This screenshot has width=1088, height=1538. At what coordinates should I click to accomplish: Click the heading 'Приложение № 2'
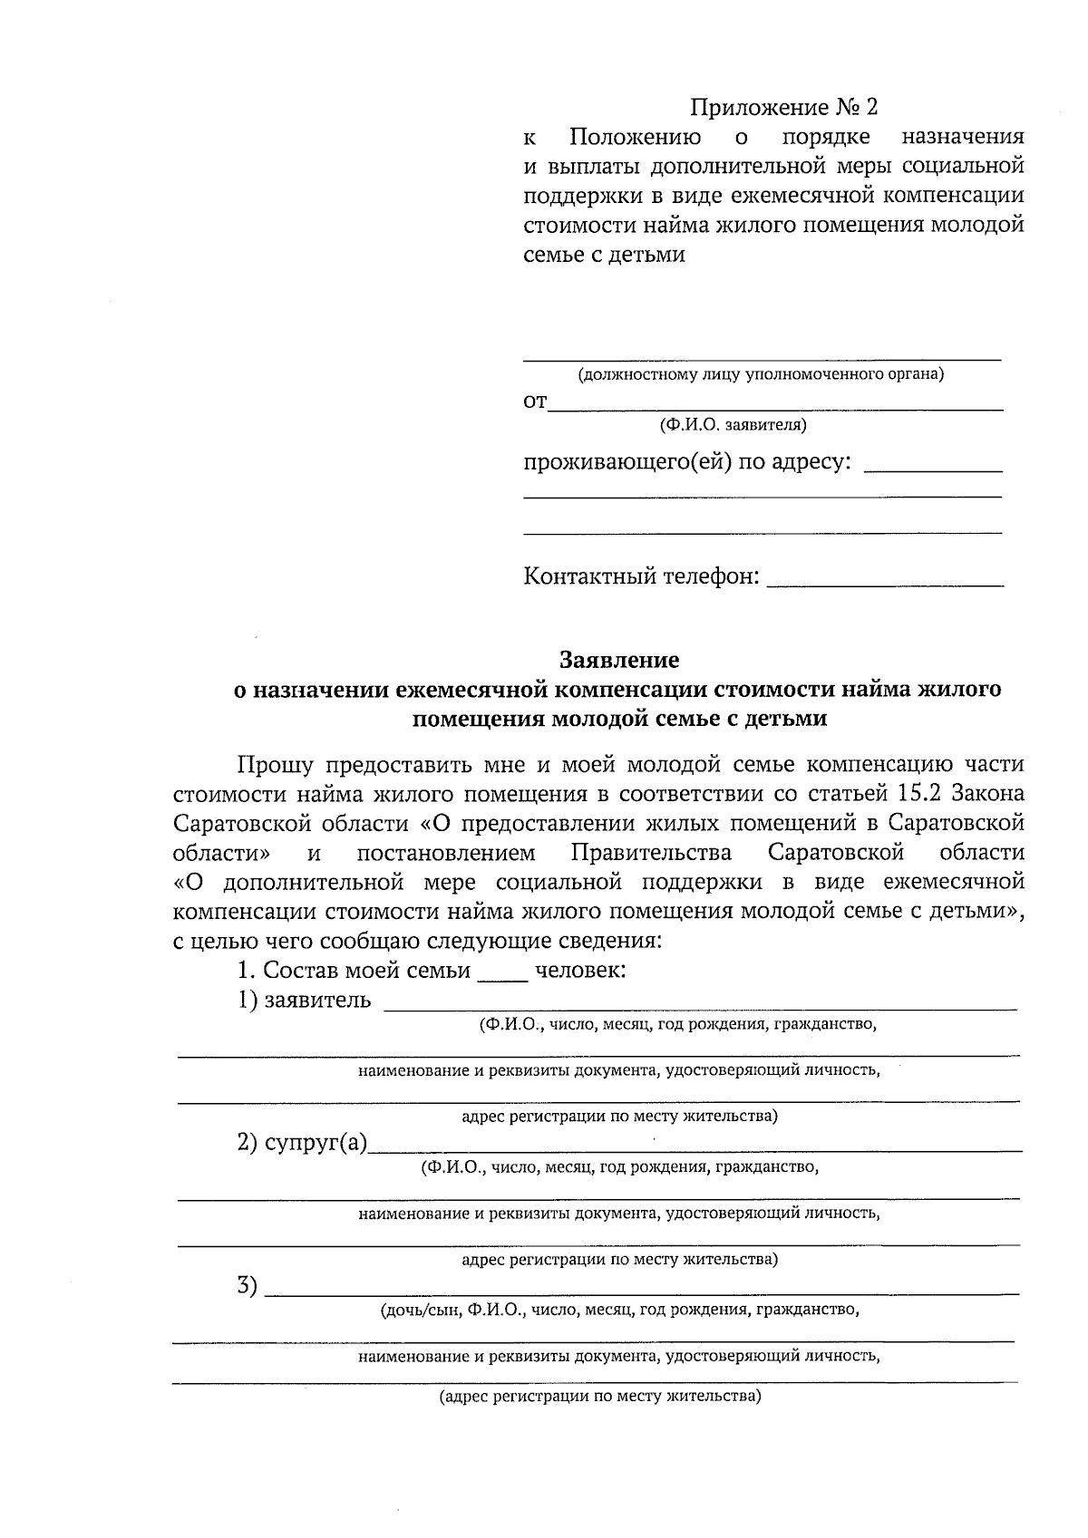pyautogui.click(x=784, y=109)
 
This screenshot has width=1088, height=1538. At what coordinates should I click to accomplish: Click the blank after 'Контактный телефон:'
pyautogui.click(x=885, y=582)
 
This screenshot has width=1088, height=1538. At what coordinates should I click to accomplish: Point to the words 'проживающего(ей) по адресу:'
pyautogui.click(x=688, y=462)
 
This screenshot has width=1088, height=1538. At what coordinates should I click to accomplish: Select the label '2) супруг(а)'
pyautogui.click(x=302, y=1143)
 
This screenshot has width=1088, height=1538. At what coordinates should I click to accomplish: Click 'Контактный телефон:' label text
pyautogui.click(x=641, y=576)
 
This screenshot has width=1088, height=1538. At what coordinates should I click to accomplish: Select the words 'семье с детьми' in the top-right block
pyautogui.click(x=604, y=255)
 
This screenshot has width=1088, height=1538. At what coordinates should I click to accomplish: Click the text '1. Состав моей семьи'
pyautogui.click(x=354, y=971)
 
